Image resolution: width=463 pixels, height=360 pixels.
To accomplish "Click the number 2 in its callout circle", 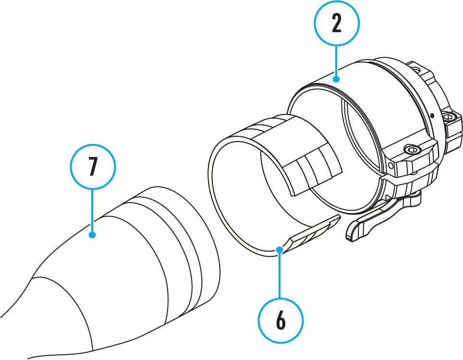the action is pos(336,23).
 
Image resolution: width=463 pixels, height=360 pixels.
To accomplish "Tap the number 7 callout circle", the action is pos(93,166).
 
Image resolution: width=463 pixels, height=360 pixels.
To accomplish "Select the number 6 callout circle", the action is pos(280,321).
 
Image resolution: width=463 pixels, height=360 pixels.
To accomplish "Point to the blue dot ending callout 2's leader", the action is pos(336,78).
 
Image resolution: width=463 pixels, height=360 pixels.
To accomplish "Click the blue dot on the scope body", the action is pos(93,235).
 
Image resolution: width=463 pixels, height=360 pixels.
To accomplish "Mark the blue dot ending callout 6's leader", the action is pos(279,248).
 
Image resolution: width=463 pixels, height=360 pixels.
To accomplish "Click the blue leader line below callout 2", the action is pos(336,60).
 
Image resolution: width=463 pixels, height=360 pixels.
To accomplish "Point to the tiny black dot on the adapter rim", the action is pos(432,115).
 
